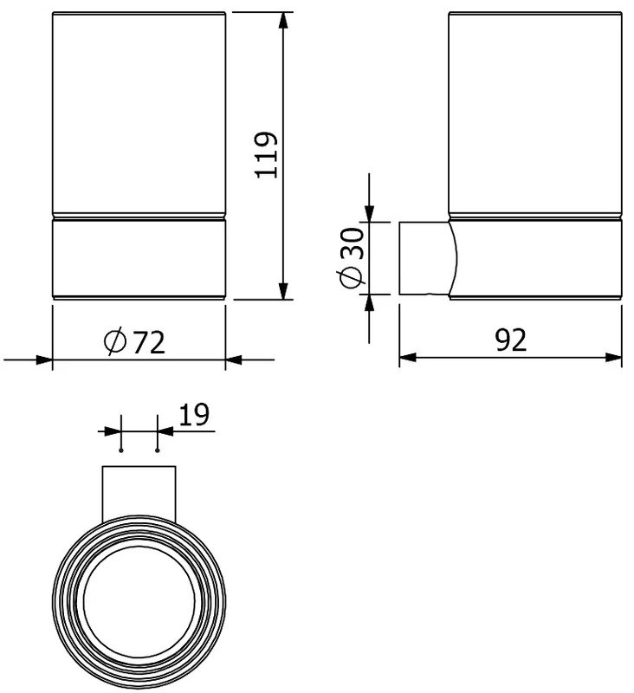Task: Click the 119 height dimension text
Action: (x=267, y=155)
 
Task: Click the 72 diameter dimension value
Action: (x=148, y=342)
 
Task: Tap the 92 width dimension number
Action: (x=511, y=340)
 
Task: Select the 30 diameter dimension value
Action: (x=353, y=243)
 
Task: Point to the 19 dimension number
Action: (x=194, y=415)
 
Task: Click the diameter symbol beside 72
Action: (x=115, y=342)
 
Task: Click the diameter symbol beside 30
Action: (x=353, y=276)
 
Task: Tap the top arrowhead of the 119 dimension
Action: (x=283, y=21)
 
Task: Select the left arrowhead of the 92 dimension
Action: (x=408, y=357)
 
